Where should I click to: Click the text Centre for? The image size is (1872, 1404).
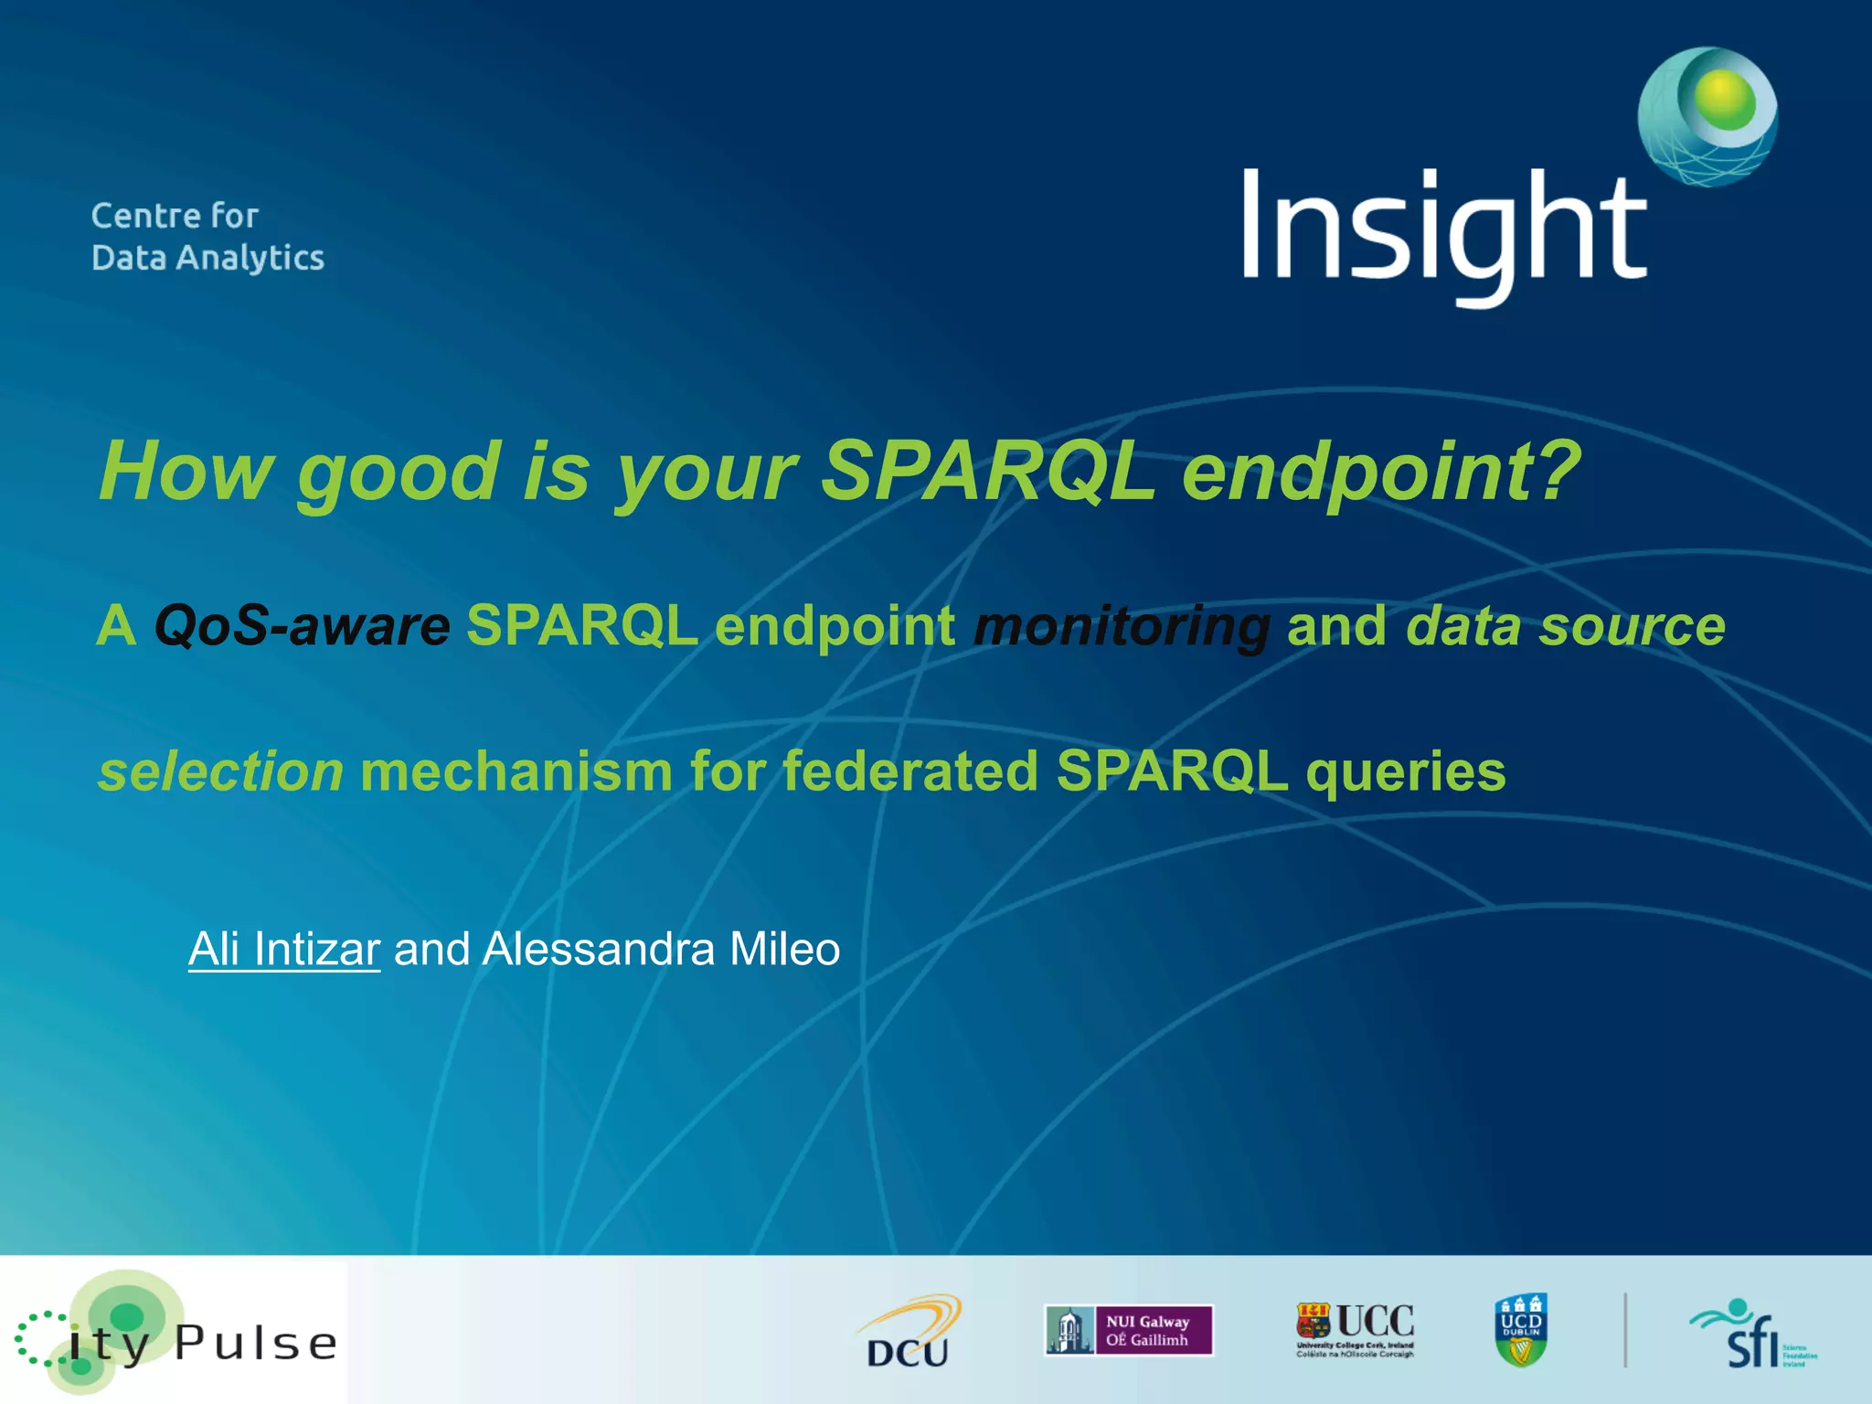(175, 217)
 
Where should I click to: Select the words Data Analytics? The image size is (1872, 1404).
(207, 259)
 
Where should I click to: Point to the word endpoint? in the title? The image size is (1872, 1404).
(1380, 473)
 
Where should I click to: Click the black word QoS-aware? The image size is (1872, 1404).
(303, 627)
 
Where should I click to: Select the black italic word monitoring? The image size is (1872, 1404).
(1122, 627)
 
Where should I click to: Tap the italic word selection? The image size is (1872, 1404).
(220, 771)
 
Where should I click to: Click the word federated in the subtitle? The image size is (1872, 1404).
(910, 771)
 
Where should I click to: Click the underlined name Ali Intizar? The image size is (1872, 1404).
(284, 949)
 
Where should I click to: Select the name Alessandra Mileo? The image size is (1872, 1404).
(660, 949)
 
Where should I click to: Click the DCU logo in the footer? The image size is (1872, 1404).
(909, 1334)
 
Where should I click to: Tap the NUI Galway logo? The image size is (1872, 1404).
(1128, 1330)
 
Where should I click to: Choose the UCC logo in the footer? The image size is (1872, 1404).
(1355, 1330)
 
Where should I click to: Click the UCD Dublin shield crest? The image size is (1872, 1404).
(1521, 1330)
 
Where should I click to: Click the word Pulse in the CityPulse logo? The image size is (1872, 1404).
(256, 1343)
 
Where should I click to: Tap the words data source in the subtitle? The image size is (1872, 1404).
(1565, 627)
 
